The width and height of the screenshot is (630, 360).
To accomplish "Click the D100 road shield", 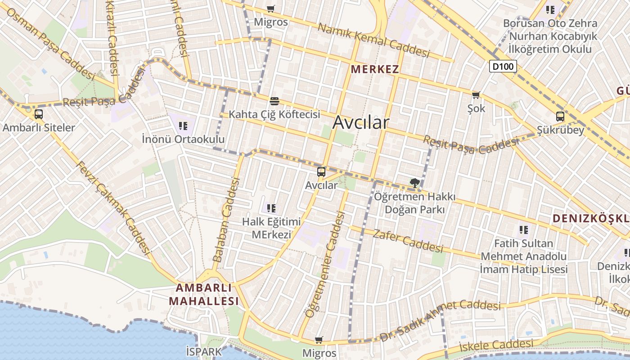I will click(x=503, y=67).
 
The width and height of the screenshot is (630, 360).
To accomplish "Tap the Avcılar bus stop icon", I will click(x=321, y=171).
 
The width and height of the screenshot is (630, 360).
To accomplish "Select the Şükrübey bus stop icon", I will click(x=560, y=117).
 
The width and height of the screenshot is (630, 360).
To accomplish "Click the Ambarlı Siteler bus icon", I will click(x=39, y=114).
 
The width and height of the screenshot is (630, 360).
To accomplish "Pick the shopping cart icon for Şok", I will click(x=476, y=95).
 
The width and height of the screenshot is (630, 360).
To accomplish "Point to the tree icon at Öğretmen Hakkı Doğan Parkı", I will click(x=414, y=183).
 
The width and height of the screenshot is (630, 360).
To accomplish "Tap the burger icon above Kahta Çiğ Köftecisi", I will click(x=274, y=100).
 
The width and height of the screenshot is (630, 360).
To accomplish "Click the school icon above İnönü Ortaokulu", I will click(x=183, y=126).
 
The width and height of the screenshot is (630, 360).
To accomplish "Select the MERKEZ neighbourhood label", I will click(x=375, y=69).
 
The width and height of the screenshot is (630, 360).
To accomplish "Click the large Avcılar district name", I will click(x=360, y=122).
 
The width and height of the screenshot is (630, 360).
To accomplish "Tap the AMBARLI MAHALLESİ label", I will click(x=204, y=294).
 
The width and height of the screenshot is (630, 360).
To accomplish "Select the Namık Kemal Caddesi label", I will click(x=373, y=40).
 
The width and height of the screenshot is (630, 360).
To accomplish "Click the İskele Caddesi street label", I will click(x=496, y=346).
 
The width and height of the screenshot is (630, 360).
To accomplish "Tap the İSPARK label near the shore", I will click(x=204, y=351).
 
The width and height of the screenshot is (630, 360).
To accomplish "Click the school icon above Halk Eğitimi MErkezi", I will click(x=271, y=208).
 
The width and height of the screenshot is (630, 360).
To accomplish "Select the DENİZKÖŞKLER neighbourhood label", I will click(x=590, y=219).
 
